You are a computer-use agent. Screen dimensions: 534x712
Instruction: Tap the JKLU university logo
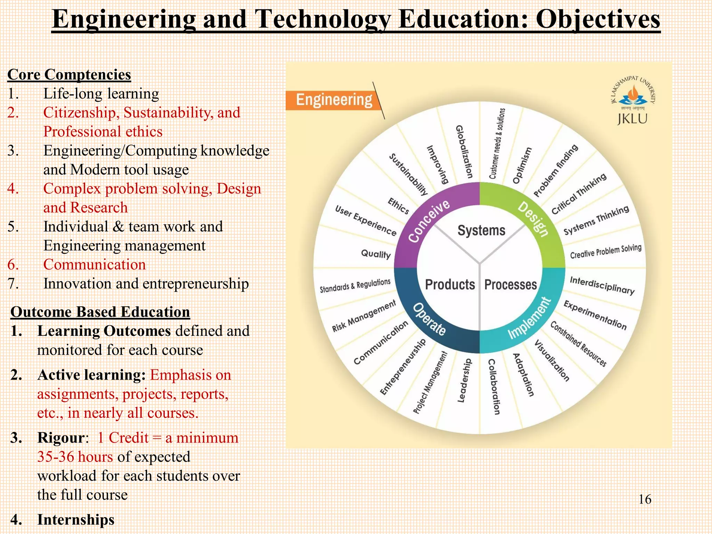(632, 101)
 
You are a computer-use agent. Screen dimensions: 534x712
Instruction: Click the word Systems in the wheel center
(481, 230)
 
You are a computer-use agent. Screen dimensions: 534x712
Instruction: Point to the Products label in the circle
(450, 284)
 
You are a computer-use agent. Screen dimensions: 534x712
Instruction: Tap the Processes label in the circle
(510, 284)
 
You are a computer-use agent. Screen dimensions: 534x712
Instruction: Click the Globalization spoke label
(464, 152)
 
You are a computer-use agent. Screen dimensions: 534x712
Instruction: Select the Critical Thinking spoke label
(579, 194)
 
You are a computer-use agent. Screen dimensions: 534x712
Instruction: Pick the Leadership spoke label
(464, 381)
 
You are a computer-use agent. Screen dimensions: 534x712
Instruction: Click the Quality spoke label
(376, 254)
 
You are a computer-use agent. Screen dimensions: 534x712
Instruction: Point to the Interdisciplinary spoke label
(602, 285)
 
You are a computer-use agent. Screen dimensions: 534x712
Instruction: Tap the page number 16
(645, 500)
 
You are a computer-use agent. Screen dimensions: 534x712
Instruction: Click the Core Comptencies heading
(69, 75)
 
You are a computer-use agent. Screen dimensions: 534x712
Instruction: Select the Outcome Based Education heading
(100, 312)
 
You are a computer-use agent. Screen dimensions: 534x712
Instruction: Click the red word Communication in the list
(94, 265)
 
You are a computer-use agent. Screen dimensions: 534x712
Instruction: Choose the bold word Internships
(76, 520)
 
